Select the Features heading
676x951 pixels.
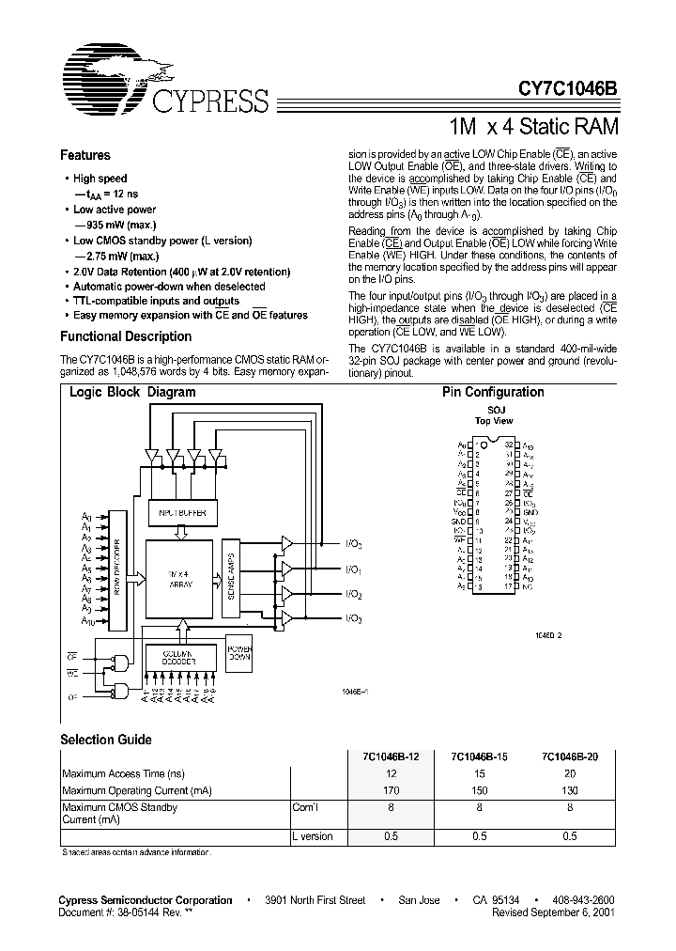pos(84,155)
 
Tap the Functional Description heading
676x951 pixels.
pos(126,336)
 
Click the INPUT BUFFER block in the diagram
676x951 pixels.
pos(183,514)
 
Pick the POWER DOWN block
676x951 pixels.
pos(240,653)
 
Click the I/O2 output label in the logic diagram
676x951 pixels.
pos(354,595)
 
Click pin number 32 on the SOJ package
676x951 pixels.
pos(508,444)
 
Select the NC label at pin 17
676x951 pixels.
pos(529,586)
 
